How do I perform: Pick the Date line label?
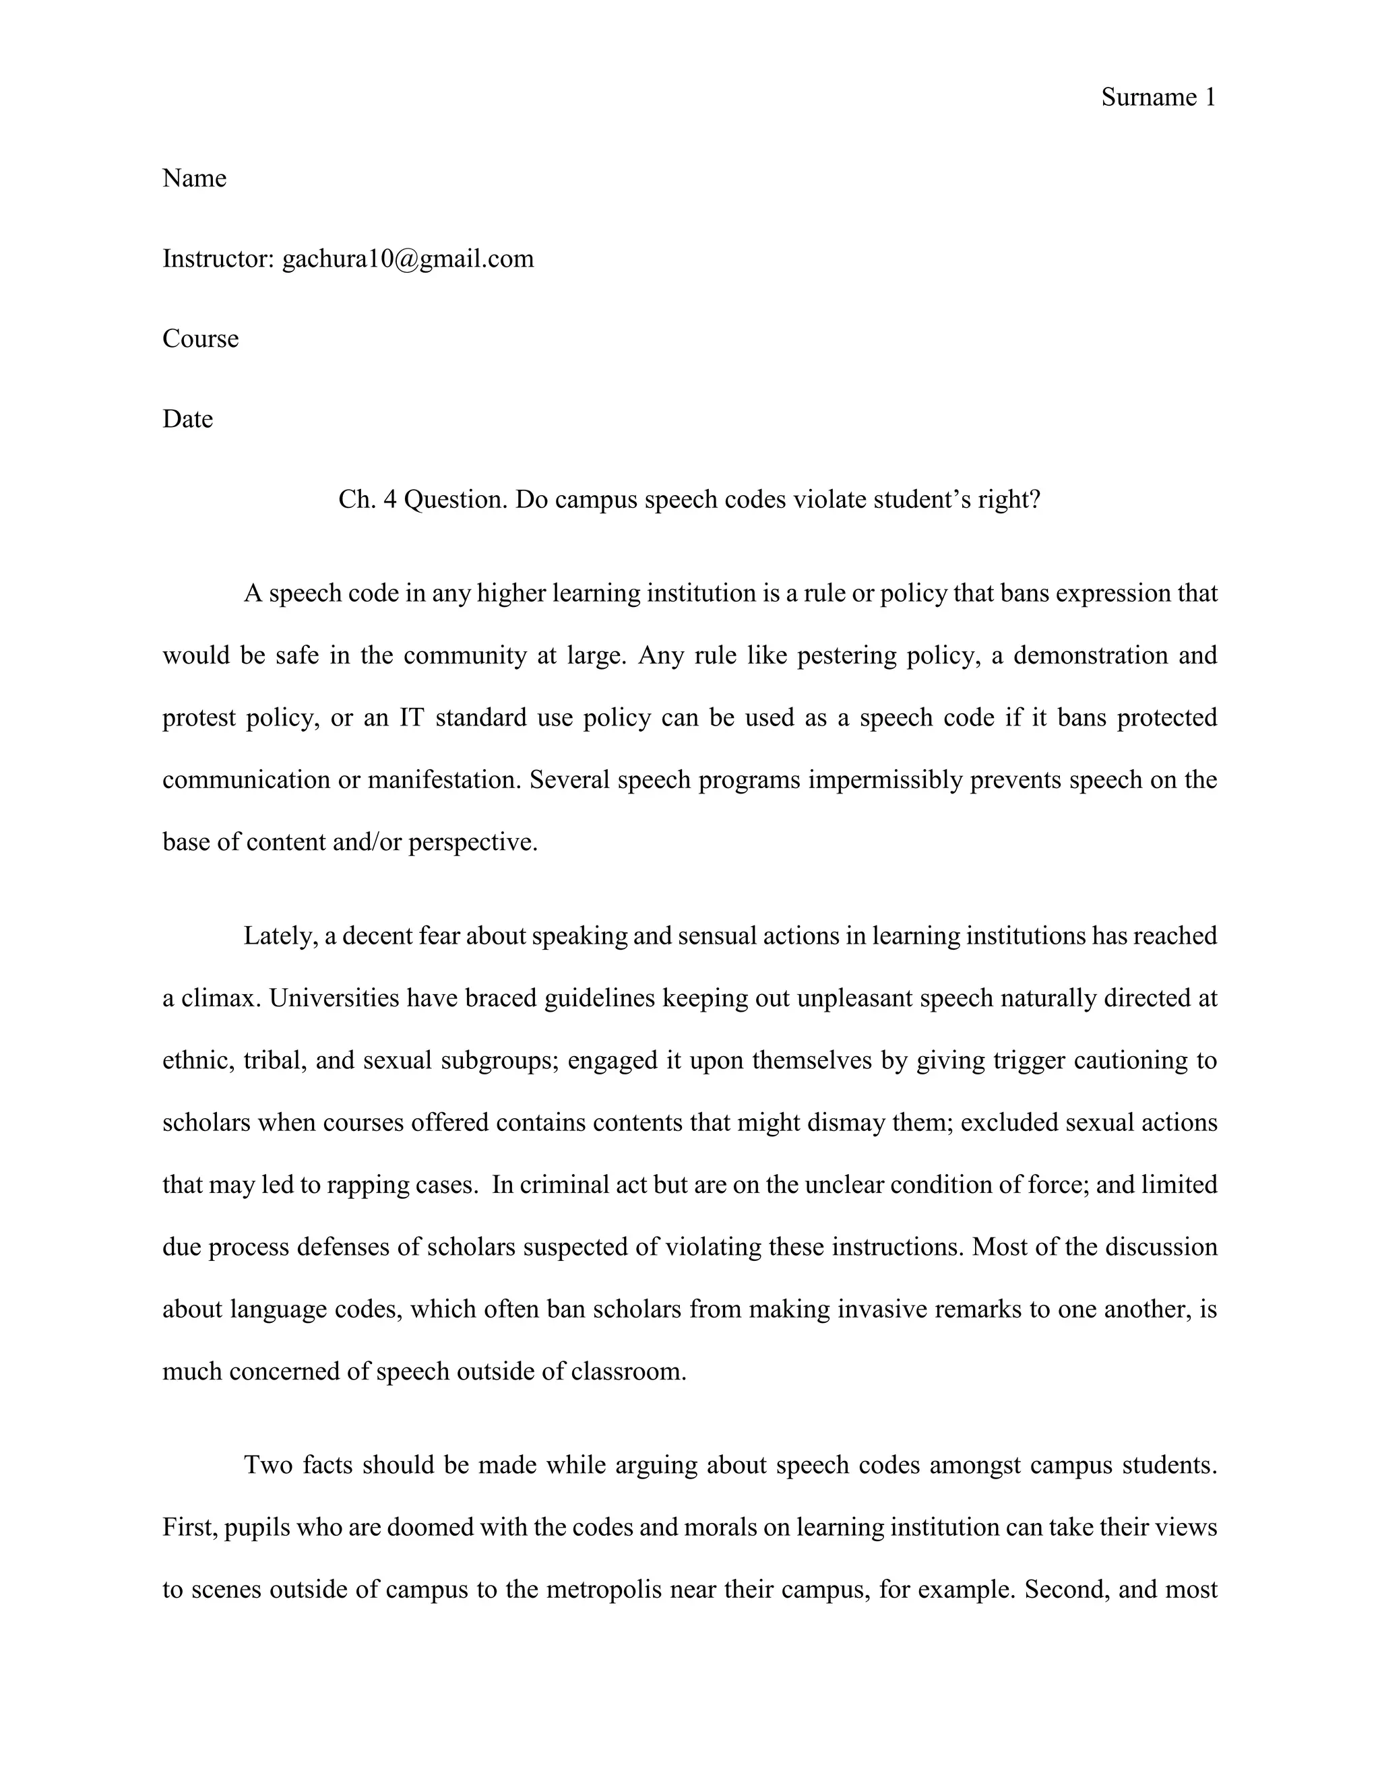(x=187, y=418)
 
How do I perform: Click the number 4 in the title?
(x=389, y=498)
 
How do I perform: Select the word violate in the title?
(x=825, y=498)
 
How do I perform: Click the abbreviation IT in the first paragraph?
(x=411, y=717)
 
